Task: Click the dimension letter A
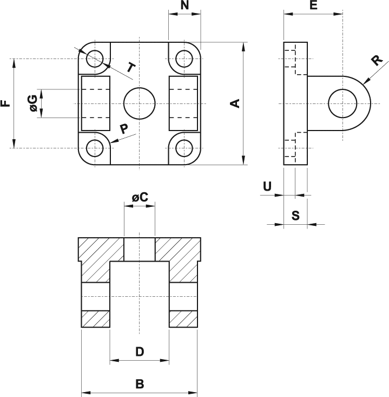click(x=235, y=103)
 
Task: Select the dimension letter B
click(x=139, y=384)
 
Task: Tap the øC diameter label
click(x=140, y=197)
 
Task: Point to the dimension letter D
click(x=139, y=352)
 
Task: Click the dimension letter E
click(x=313, y=6)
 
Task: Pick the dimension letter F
click(x=6, y=103)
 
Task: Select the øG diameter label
click(x=32, y=103)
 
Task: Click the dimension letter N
click(x=184, y=6)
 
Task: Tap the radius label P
click(x=124, y=128)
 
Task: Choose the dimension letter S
click(x=295, y=216)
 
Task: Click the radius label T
click(x=130, y=68)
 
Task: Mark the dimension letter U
click(x=267, y=186)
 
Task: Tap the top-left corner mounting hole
click(x=95, y=57)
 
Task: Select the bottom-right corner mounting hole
click(x=184, y=147)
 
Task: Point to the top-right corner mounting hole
click(x=184, y=57)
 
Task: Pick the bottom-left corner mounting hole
click(x=95, y=147)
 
